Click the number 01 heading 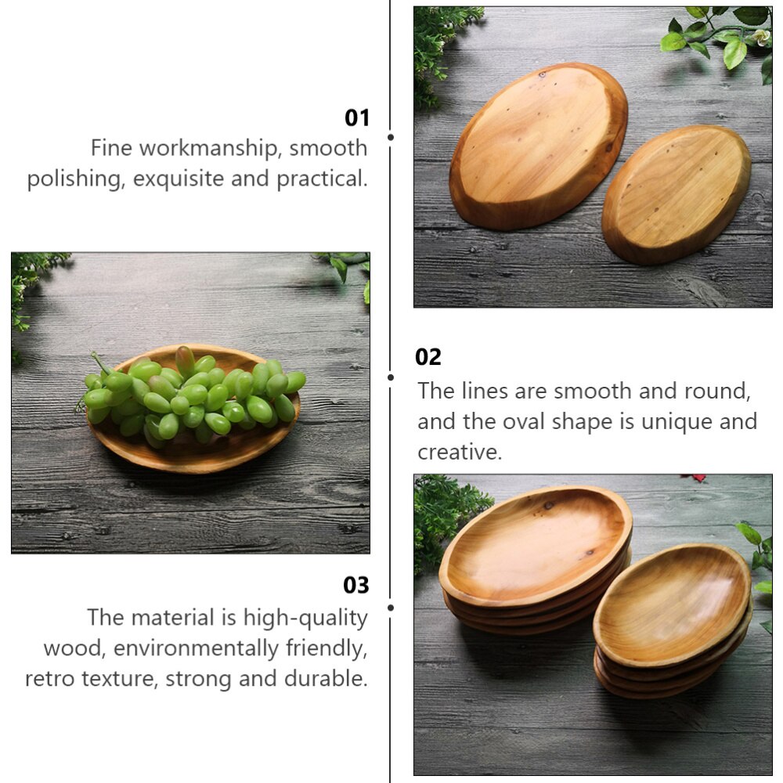coord(356,117)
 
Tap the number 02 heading coord(428,357)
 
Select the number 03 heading coord(355,585)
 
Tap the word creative coord(459,452)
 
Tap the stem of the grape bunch coord(100,363)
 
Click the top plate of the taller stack coord(536,544)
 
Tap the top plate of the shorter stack coord(672,603)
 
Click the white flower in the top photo coord(758,37)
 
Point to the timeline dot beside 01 coord(391,137)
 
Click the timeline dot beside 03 coord(391,607)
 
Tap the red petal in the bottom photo coord(693,477)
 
